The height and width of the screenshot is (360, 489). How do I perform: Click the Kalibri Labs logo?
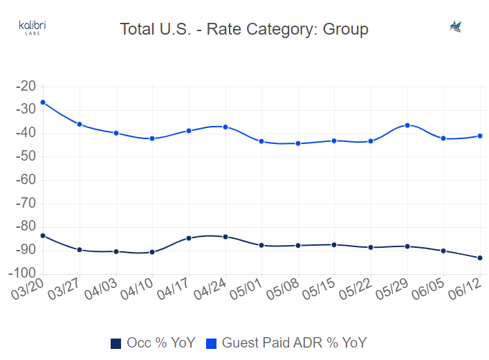click(33, 28)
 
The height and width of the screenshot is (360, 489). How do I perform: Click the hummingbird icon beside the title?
click(456, 27)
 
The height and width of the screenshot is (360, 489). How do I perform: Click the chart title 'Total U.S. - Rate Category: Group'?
click(244, 29)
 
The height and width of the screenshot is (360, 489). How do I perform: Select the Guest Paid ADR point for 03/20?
click(43, 102)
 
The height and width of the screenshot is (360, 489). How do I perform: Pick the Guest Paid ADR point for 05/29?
click(407, 125)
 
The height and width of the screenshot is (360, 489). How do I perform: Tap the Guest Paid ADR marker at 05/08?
click(298, 143)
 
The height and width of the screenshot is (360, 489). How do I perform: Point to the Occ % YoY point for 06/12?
click(480, 258)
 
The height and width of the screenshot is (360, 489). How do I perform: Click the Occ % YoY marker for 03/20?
click(43, 235)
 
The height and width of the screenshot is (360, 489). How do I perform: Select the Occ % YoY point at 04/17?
click(189, 238)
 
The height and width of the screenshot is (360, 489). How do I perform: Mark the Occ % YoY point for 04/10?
click(152, 252)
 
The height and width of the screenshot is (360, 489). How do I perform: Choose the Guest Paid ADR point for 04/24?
click(225, 127)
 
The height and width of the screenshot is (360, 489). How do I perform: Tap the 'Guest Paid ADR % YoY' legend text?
click(293, 343)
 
